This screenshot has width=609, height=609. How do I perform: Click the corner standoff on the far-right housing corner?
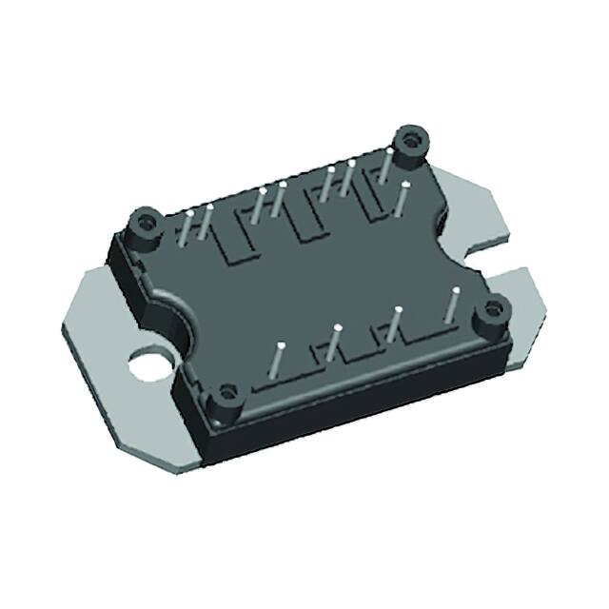tap(494, 310)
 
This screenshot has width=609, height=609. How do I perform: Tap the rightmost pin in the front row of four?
tap(451, 307)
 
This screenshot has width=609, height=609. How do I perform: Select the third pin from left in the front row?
tap(393, 324)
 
